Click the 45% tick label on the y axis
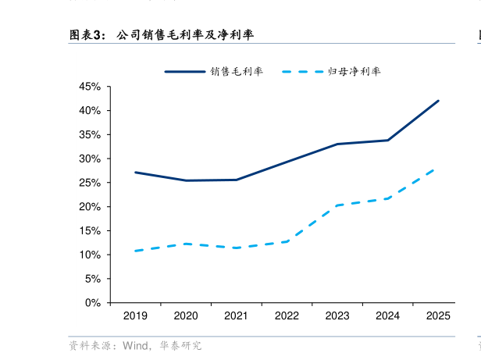pos(90,87)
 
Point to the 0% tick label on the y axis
pos(93,302)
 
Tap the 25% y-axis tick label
pos(90,183)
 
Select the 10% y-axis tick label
pos(90,255)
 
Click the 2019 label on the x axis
pos(135,316)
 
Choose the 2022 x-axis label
pos(287,316)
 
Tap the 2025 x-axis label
pos(438,316)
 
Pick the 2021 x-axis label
pos(236,316)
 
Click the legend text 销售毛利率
pos(237,71)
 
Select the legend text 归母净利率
pos(355,71)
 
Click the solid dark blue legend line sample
pos(184,71)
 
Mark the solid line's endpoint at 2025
pos(438,101)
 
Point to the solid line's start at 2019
pos(135,172)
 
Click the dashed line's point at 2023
pos(337,205)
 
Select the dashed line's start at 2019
pos(135,251)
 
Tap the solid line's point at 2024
pos(388,141)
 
